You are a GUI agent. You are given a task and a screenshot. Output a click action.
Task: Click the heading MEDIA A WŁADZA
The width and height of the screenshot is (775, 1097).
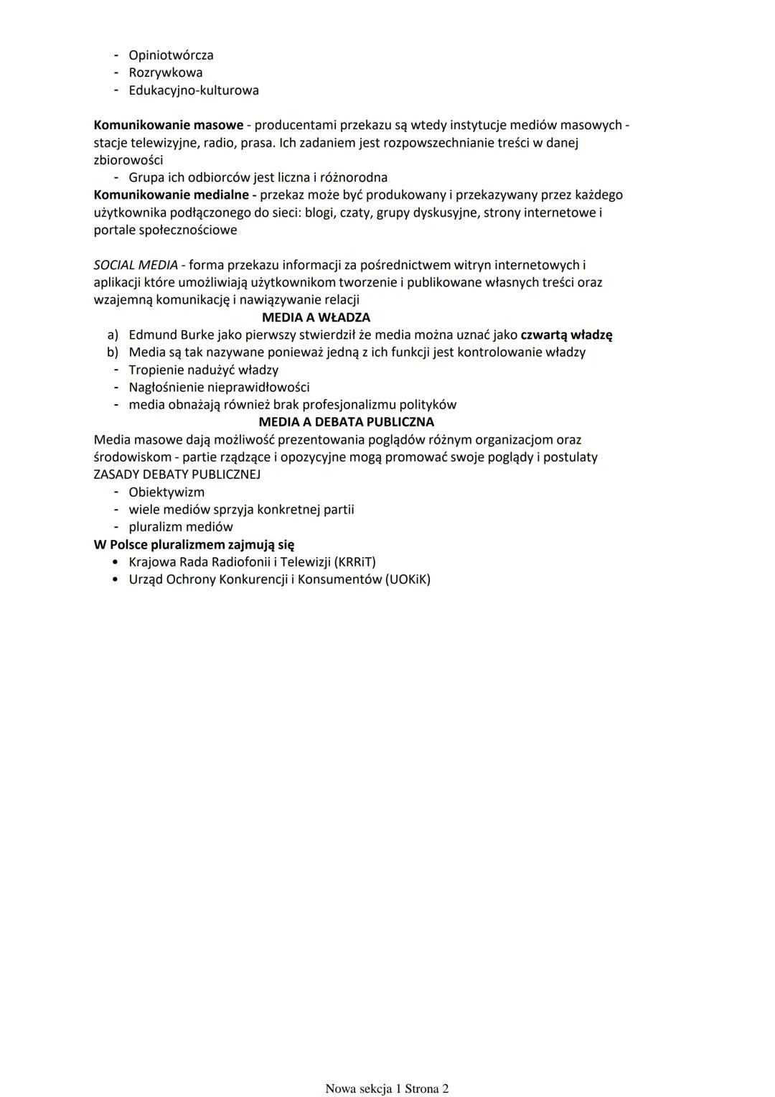[x=316, y=317]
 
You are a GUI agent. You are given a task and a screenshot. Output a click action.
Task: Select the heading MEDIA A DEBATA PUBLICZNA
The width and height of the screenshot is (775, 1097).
[x=346, y=422]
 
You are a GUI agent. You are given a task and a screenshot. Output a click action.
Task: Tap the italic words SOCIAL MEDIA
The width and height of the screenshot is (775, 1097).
[x=136, y=265]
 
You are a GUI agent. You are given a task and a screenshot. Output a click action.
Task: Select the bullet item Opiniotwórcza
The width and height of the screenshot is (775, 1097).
[x=171, y=55]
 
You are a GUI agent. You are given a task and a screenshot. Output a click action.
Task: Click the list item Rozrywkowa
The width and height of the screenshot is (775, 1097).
[x=165, y=73]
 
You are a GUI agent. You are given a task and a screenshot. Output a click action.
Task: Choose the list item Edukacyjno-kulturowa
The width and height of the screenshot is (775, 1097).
[x=194, y=90]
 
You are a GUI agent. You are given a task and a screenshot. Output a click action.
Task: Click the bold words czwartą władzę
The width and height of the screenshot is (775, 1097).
[x=566, y=335]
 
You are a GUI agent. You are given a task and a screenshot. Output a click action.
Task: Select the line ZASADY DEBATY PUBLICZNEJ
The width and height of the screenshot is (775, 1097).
[x=177, y=475]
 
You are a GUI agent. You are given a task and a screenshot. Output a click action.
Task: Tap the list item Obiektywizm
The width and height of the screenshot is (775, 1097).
[x=166, y=493]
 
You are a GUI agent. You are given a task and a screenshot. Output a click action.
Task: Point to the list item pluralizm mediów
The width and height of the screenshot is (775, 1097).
[x=181, y=527]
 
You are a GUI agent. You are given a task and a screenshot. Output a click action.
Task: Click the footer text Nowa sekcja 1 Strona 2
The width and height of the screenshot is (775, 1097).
[x=387, y=1088]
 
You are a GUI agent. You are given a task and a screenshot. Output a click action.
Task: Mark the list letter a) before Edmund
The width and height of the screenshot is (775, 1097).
[x=112, y=335]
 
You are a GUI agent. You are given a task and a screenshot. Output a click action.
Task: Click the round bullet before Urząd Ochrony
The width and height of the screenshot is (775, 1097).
[x=115, y=579]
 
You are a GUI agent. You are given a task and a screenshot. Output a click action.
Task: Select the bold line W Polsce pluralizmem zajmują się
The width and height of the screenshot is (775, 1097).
[x=194, y=545]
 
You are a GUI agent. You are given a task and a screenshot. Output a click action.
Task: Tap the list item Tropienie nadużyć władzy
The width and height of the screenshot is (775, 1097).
[x=203, y=370]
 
